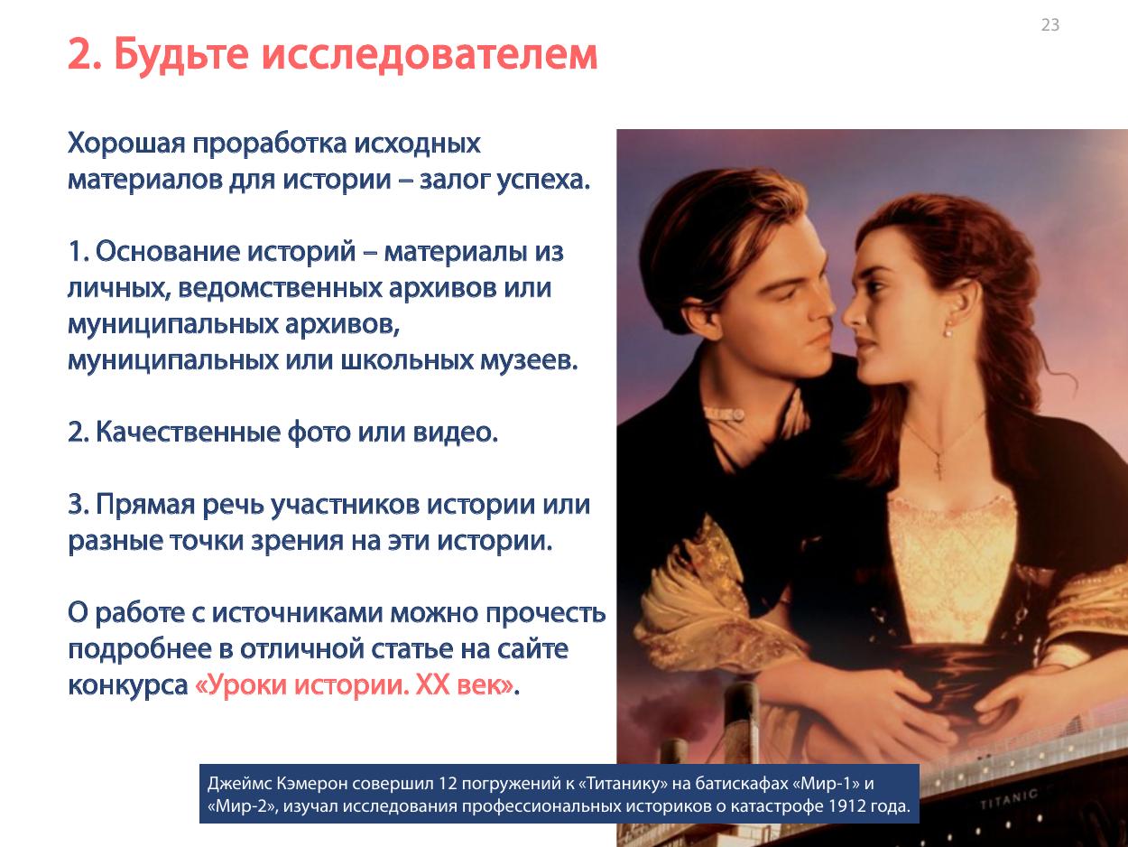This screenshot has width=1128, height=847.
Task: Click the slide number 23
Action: [1049, 24]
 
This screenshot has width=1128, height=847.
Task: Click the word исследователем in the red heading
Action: [430, 54]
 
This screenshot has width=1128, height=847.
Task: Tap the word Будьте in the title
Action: [181, 54]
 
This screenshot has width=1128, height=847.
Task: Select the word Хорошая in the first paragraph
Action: [126, 144]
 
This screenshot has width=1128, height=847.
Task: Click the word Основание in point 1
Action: [168, 251]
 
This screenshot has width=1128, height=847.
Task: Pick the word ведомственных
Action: [280, 288]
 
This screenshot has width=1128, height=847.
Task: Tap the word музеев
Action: [529, 360]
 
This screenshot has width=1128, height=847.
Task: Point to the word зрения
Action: [297, 541]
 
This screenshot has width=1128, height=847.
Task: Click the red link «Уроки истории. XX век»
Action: [354, 685]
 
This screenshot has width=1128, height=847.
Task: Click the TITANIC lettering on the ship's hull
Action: [1008, 798]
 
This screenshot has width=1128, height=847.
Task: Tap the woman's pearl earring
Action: [948, 332]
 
